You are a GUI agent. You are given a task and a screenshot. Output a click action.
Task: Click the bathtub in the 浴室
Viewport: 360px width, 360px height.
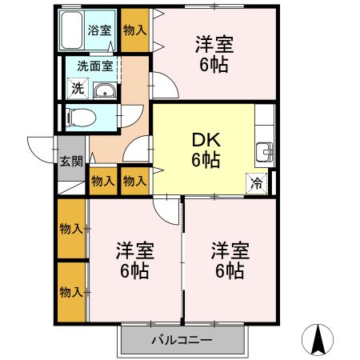(71, 30)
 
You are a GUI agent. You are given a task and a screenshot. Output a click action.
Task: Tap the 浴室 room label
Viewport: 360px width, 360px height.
(99, 30)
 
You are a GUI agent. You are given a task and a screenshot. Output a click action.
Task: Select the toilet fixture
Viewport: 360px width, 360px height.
(81, 118)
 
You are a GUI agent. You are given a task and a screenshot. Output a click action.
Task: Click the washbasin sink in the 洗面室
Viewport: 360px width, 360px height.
(105, 90)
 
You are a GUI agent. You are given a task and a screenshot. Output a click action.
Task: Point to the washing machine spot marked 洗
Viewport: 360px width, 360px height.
(78, 88)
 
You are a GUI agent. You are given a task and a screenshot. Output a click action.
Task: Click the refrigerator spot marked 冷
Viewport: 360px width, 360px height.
(257, 183)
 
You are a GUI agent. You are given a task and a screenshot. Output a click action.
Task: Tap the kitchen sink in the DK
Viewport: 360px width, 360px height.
(265, 152)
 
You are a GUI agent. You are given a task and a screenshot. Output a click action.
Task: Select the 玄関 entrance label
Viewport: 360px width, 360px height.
(71, 162)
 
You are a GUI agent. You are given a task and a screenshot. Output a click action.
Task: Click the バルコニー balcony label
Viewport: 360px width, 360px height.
(182, 340)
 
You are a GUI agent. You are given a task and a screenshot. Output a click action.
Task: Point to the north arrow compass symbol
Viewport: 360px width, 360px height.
(318, 340)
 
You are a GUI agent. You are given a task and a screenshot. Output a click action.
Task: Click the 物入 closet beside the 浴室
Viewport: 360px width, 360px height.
(135, 30)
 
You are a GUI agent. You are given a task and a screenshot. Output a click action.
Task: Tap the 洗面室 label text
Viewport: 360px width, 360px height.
(95, 66)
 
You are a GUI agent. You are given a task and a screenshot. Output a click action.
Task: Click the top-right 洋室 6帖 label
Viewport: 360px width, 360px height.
(214, 54)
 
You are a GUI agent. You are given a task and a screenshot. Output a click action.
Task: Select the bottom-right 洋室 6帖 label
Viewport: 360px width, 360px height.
(230, 260)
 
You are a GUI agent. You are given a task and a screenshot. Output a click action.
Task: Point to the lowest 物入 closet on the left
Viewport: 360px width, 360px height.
(71, 292)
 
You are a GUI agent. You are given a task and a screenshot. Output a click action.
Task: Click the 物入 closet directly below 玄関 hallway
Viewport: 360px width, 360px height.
(103, 182)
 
